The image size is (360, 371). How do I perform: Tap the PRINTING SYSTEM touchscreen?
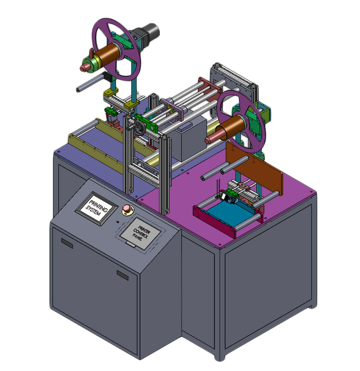coord(97,207)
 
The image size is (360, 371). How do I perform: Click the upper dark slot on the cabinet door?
coord(67,244)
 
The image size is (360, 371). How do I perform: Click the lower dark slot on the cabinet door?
coord(123,275)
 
